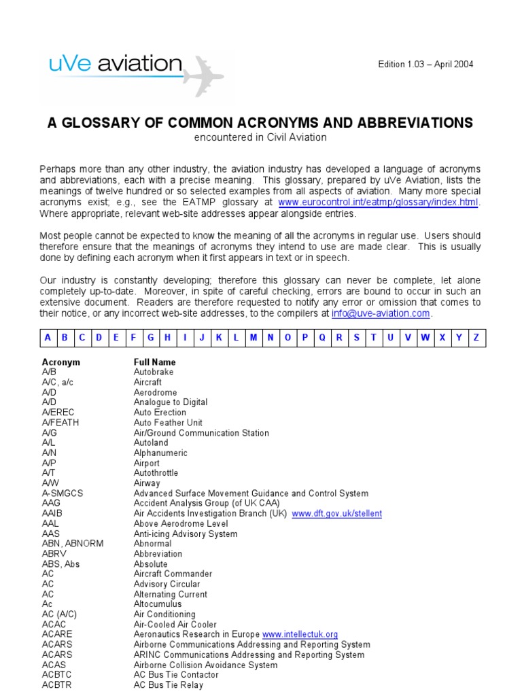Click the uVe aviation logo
click(x=116, y=66)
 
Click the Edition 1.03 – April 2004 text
click(x=425, y=65)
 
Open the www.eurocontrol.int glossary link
click(x=379, y=203)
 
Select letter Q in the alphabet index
click(x=322, y=337)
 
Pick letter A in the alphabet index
click(x=48, y=337)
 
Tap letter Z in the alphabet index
click(x=476, y=337)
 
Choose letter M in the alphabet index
click(x=254, y=337)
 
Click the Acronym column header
click(x=61, y=362)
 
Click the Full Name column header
click(x=154, y=362)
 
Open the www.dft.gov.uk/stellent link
click(x=336, y=514)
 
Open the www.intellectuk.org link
click(x=300, y=635)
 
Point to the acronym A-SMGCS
click(x=63, y=493)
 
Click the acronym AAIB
click(x=52, y=514)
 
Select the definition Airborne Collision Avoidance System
click(x=205, y=665)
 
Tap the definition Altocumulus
click(x=158, y=604)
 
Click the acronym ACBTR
click(x=56, y=685)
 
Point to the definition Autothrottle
click(x=156, y=473)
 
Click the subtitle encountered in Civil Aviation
click(x=260, y=137)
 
